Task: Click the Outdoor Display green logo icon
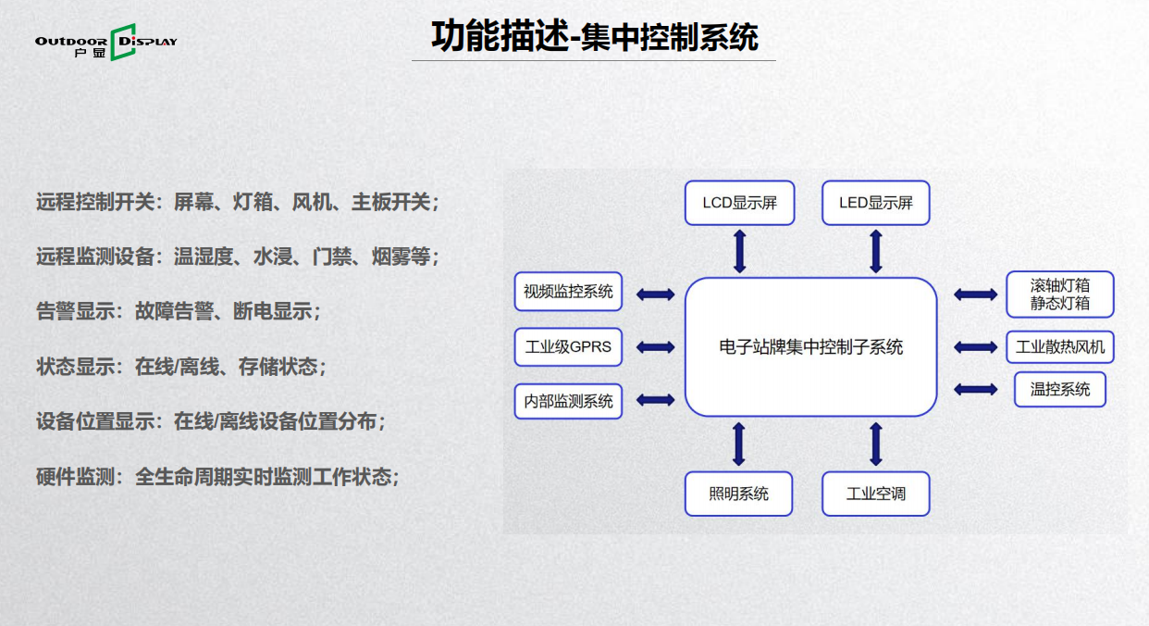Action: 123,42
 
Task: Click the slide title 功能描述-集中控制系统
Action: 595,36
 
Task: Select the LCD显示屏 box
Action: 740,203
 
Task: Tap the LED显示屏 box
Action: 875,203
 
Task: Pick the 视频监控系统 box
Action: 568,292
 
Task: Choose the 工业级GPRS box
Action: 568,347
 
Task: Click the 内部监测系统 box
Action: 568,401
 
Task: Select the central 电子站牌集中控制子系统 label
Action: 811,347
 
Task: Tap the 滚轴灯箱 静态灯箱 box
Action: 1060,294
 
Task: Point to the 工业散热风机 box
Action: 1060,347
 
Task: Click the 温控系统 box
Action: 1060,389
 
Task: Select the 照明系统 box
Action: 738,494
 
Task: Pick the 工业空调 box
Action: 875,494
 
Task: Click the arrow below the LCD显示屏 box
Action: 740,251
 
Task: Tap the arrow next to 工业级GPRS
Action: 656,347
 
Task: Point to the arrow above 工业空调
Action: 876,444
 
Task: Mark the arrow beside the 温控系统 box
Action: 976,389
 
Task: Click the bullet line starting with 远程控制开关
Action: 238,202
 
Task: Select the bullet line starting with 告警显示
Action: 178,311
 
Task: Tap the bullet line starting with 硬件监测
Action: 217,477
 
